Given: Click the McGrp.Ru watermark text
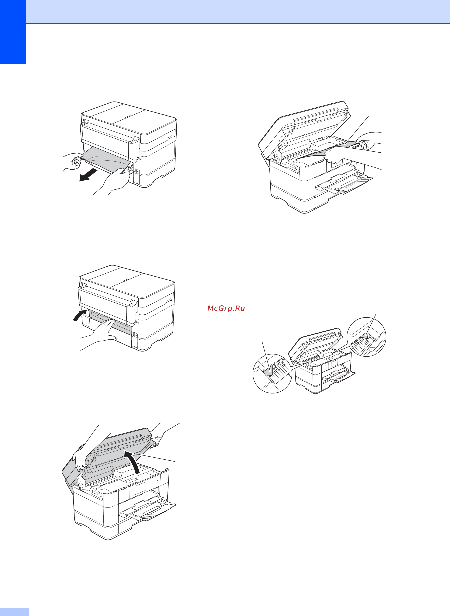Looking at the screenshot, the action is tap(226, 308).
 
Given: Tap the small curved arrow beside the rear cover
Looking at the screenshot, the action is tap(80, 315).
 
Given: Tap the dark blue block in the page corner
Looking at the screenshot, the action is tap(13, 32).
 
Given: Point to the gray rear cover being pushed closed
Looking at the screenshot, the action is tap(110, 322).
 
